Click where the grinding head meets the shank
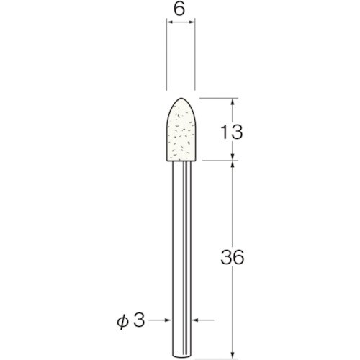pyautogui.click(x=181, y=161)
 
